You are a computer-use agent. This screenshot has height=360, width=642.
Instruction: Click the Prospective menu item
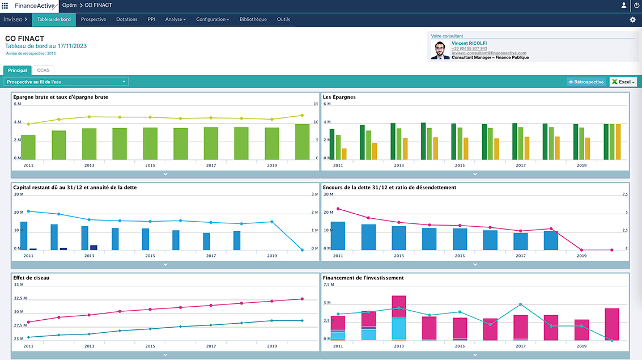93,19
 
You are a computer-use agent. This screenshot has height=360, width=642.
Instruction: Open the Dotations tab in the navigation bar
127,19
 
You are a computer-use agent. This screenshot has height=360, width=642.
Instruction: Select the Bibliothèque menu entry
253,19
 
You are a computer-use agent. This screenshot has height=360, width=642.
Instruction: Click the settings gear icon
632,20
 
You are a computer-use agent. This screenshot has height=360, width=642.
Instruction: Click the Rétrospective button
586,82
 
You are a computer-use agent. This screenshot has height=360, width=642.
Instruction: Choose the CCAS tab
43,70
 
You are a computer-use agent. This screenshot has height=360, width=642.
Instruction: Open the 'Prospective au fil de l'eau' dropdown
66,82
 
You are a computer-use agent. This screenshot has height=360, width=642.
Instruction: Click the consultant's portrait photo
440,50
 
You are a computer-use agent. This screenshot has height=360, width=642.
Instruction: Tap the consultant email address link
486,53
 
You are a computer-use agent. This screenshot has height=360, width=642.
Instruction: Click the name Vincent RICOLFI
469,43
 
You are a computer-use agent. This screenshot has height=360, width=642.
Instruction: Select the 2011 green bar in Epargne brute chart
28,147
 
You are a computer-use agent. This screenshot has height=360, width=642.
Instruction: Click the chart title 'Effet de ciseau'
29,278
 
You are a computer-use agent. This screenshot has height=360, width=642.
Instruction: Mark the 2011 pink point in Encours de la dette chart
338,209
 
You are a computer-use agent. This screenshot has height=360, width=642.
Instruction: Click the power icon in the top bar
636,5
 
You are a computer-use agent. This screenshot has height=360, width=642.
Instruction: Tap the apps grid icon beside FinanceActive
5,5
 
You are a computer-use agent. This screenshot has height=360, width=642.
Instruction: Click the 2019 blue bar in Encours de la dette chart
551,240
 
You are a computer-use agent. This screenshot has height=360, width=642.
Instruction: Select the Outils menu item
283,19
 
